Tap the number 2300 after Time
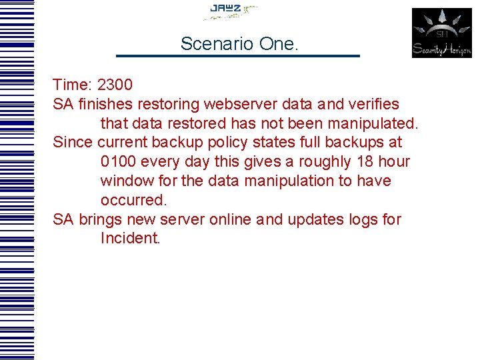pyautogui.click(x=115, y=85)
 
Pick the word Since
pyautogui.click(x=73, y=142)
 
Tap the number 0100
pyautogui.click(x=122, y=161)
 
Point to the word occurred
pyautogui.click(x=133, y=200)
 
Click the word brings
pyautogui.click(x=101, y=219)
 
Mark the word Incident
pyautogui.click(x=131, y=238)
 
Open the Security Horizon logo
pyautogui.click(x=441, y=33)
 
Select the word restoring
pyautogui.click(x=169, y=104)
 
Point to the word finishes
pyautogui.click(x=106, y=104)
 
